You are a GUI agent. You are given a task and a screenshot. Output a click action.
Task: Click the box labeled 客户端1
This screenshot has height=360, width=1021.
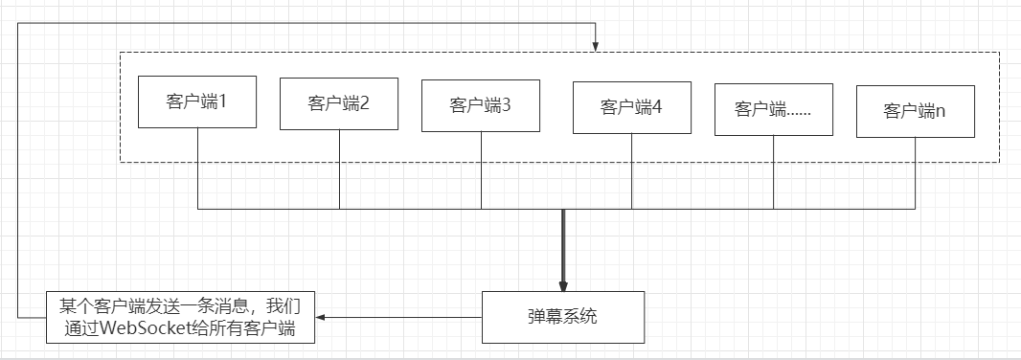(196, 101)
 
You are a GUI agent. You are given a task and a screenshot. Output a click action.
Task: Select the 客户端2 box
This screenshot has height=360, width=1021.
(338, 103)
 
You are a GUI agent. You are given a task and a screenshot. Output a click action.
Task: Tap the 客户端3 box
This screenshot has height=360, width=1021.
(480, 105)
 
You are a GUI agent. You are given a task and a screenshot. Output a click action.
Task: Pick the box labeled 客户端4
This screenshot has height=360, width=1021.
(631, 106)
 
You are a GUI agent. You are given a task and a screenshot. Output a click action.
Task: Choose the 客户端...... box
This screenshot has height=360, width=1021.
(773, 109)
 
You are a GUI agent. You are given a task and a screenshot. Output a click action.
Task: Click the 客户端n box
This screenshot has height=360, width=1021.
(914, 112)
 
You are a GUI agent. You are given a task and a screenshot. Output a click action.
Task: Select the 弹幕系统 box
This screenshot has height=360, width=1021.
(562, 317)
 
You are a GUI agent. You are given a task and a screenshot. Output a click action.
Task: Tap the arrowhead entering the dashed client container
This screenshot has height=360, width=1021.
(596, 46)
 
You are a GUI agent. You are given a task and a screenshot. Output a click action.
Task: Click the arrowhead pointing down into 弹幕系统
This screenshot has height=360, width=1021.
(563, 284)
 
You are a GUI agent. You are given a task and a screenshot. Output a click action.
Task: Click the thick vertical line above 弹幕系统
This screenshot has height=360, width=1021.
(563, 244)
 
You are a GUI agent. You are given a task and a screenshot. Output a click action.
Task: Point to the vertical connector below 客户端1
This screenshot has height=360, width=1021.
(197, 168)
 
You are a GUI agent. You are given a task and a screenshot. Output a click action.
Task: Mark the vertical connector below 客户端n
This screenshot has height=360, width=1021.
(914, 173)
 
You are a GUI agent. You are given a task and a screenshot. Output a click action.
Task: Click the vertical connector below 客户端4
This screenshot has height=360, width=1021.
(631, 170)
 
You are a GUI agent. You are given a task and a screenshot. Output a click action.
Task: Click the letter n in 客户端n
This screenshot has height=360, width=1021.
(941, 112)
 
